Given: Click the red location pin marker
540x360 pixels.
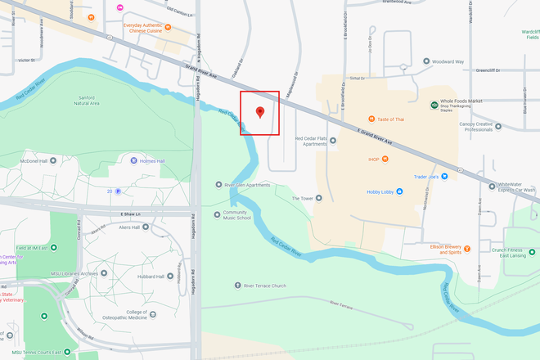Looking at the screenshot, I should click(x=260, y=112).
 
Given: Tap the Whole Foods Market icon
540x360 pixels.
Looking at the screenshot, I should click(x=433, y=105).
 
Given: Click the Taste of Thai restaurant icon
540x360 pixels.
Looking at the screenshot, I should click(x=371, y=119).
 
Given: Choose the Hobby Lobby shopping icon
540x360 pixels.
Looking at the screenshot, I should click(x=358, y=192).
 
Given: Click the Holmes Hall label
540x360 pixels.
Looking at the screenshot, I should click(x=150, y=160).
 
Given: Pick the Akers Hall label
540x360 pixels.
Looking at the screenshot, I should click(x=128, y=227).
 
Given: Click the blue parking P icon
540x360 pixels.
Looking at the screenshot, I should click(x=119, y=191).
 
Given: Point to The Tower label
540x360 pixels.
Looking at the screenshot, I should click(x=303, y=198).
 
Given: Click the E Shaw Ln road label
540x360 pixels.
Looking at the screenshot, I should click(x=131, y=214).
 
